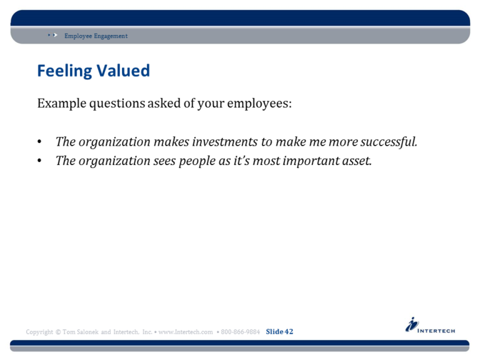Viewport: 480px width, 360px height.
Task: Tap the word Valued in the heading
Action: click(123, 71)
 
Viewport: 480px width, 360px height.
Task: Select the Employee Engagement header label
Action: click(96, 36)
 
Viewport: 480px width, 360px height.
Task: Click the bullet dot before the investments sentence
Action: click(39, 142)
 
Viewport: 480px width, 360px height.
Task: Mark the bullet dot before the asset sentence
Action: click(39, 161)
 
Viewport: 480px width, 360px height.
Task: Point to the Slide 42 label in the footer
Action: click(279, 332)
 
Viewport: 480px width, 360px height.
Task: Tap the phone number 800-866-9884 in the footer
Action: click(241, 332)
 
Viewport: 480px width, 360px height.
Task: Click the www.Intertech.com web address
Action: click(186, 332)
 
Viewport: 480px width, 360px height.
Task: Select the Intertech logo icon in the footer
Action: click(412, 324)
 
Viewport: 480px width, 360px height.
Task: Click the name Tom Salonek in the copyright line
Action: click(81, 332)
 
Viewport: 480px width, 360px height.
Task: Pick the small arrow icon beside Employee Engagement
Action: click(53, 36)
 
